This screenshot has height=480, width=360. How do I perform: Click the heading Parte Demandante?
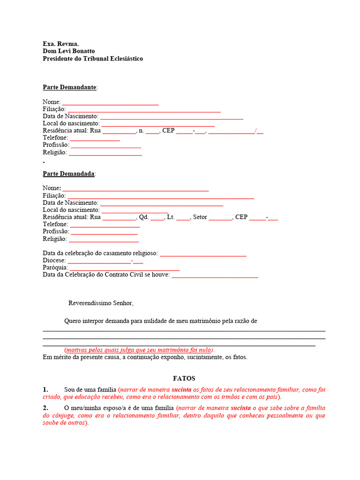[69, 87]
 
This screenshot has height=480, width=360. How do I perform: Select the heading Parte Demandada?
[68, 173]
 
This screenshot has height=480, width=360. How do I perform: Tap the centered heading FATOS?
[184, 378]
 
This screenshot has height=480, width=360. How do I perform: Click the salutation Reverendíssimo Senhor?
[101, 303]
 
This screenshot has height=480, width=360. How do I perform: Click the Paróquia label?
[55, 268]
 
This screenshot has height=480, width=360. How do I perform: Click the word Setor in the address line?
[200, 217]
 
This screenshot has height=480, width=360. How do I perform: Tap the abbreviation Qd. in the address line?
[143, 217]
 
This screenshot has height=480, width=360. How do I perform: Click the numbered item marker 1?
[45, 390]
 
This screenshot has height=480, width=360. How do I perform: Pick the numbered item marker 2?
[45, 408]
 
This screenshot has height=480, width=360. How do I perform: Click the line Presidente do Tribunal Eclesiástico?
[93, 59]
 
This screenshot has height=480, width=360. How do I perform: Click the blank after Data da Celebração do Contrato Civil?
[215, 276]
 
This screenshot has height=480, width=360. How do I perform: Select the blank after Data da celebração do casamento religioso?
[203, 254]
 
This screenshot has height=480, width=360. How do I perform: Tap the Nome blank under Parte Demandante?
[110, 103]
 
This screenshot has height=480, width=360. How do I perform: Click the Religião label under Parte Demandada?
[54, 239]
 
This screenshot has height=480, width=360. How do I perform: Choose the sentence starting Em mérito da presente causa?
[144, 357]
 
